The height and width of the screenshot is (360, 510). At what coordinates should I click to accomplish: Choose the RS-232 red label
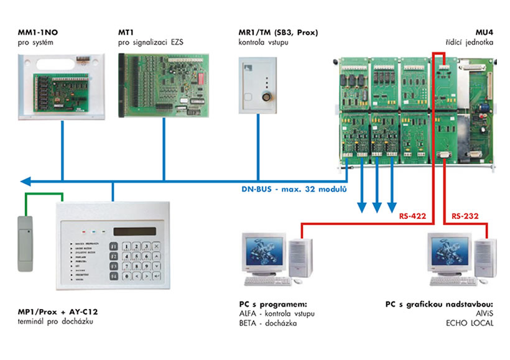pos(465,216)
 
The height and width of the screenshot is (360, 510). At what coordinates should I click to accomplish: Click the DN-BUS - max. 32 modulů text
pos(294,188)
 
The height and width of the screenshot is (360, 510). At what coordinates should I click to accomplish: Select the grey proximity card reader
pos(25,243)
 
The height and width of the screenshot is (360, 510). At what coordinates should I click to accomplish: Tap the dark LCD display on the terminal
pos(134,231)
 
